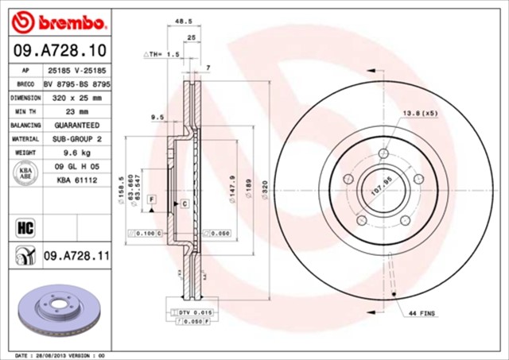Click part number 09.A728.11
(x=76, y=255)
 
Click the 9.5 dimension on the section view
(x=157, y=118)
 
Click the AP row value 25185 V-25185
(x=77, y=71)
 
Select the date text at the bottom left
(x=60, y=355)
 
